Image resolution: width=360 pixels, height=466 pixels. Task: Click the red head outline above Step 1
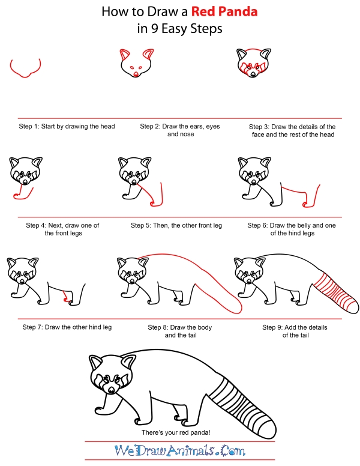coord(25,70)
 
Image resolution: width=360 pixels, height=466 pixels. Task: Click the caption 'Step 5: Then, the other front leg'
coord(176,225)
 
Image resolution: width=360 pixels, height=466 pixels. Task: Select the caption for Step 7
coord(67,327)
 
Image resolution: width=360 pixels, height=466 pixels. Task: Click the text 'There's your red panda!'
coord(180,434)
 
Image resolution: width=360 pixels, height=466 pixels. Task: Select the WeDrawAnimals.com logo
coord(180,451)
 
